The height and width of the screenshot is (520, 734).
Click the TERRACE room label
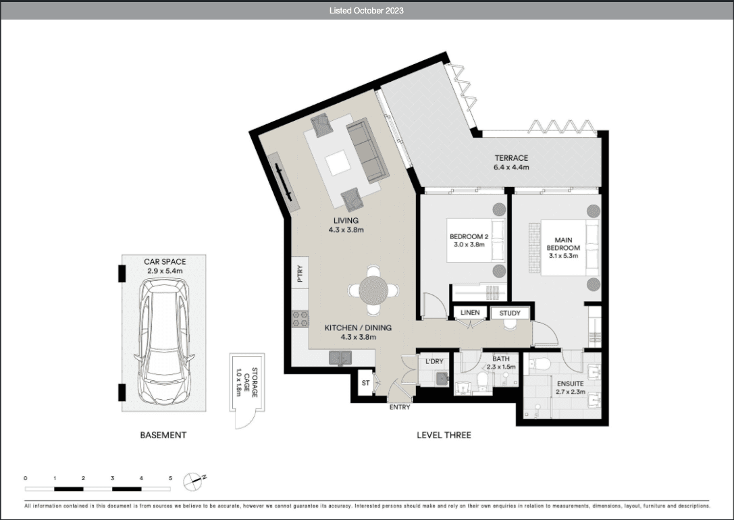(x=511, y=158)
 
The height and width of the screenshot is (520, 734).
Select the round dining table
(x=373, y=290)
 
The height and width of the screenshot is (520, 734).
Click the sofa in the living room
(x=368, y=150)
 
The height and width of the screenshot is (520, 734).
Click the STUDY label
(x=510, y=313)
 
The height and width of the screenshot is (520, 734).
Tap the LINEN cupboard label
(x=470, y=313)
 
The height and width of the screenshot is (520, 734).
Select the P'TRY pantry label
(x=300, y=274)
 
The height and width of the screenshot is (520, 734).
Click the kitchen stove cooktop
(x=300, y=319)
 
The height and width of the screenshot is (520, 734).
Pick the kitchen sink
(x=340, y=358)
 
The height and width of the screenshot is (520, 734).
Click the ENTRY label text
(x=400, y=407)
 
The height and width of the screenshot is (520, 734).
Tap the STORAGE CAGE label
(x=246, y=382)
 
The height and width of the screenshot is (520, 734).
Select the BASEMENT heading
(x=163, y=435)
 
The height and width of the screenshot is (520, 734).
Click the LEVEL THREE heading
(x=444, y=435)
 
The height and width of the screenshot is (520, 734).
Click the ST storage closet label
(x=365, y=383)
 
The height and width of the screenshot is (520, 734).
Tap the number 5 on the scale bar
(x=170, y=478)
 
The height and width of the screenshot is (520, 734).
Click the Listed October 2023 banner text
(x=367, y=10)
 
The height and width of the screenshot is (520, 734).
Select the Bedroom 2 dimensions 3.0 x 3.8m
(x=469, y=244)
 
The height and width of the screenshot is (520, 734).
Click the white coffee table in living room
(x=338, y=163)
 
